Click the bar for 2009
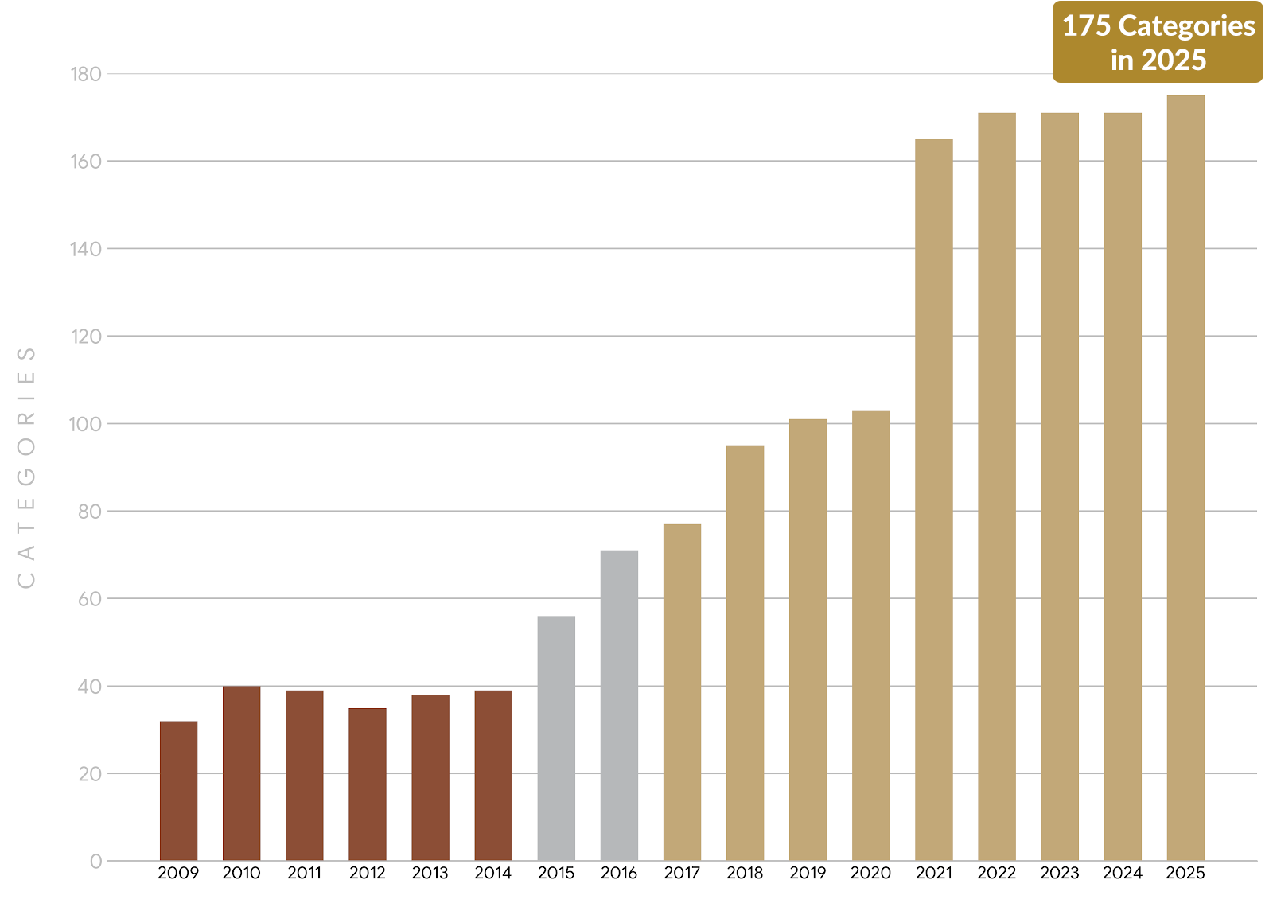178,791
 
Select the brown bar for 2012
368,784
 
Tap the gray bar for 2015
556,738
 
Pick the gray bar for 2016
619,706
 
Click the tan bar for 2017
682,692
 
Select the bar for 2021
934,500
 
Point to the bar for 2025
1185,477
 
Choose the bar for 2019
808,640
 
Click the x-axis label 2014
493,873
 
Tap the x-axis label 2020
870,873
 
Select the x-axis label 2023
1060,873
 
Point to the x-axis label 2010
241,873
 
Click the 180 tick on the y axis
86,74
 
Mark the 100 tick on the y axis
86,424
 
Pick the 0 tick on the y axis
95,861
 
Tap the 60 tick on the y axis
90,599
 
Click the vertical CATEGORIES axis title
26,468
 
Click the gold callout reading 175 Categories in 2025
1158,42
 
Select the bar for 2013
430,777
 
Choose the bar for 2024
1123,487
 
